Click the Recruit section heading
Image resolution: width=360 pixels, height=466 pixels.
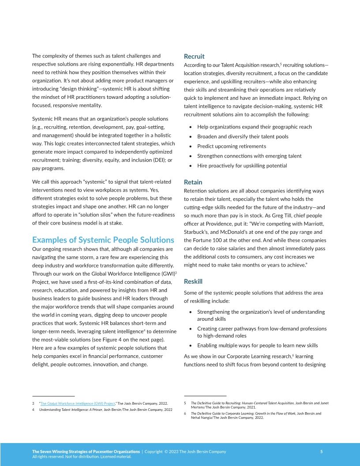194,56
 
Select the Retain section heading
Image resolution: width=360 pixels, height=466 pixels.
193,182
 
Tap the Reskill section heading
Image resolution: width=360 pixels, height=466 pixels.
193,281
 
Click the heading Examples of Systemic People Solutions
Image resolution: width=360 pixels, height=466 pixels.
103,240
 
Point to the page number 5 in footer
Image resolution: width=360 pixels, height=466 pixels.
321,451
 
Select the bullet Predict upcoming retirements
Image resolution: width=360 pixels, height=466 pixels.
231,146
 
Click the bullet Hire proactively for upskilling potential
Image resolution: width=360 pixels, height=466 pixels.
242,165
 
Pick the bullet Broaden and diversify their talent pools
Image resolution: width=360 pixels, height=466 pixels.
243,136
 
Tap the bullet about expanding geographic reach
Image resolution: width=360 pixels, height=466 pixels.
254,127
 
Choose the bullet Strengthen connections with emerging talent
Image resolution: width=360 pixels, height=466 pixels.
249,156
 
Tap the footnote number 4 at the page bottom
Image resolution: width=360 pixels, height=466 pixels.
33,410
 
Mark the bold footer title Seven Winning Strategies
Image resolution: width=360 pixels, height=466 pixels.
86,451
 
